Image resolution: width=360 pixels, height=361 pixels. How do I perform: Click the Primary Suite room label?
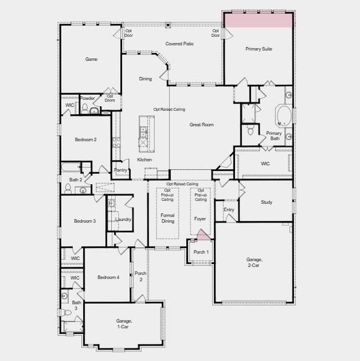pyautogui.click(x=258, y=49)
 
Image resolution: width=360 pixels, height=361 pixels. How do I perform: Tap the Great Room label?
pyautogui.click(x=202, y=125)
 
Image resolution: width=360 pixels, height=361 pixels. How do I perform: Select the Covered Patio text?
pyautogui.click(x=180, y=44)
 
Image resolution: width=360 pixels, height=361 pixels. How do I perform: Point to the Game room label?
pyautogui.click(x=91, y=60)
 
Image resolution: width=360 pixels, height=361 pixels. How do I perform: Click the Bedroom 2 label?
pyautogui.click(x=86, y=140)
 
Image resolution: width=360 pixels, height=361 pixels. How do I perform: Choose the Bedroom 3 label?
pyautogui.click(x=85, y=221)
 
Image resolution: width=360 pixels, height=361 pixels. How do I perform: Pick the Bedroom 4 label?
pyautogui.click(x=109, y=277)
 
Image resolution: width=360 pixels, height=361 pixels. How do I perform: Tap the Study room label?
pyautogui.click(x=266, y=202)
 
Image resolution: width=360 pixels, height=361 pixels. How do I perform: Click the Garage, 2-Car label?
pyautogui.click(x=254, y=262)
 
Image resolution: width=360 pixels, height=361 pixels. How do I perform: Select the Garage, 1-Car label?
pyautogui.click(x=124, y=324)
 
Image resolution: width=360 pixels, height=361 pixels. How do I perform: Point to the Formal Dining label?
pyautogui.click(x=167, y=218)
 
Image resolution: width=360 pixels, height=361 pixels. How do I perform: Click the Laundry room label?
pyautogui.click(x=123, y=220)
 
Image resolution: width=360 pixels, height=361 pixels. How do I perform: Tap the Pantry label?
pyautogui.click(x=120, y=170)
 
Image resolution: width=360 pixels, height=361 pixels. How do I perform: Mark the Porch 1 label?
pyautogui.click(x=201, y=252)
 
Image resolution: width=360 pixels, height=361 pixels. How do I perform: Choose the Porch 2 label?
pyautogui.click(x=139, y=276)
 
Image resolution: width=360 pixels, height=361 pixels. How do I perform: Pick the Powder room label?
pyautogui.click(x=88, y=98)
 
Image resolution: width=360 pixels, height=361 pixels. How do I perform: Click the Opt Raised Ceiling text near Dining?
pyautogui.click(x=169, y=110)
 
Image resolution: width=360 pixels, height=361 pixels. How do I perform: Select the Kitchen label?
pyautogui.click(x=144, y=159)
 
